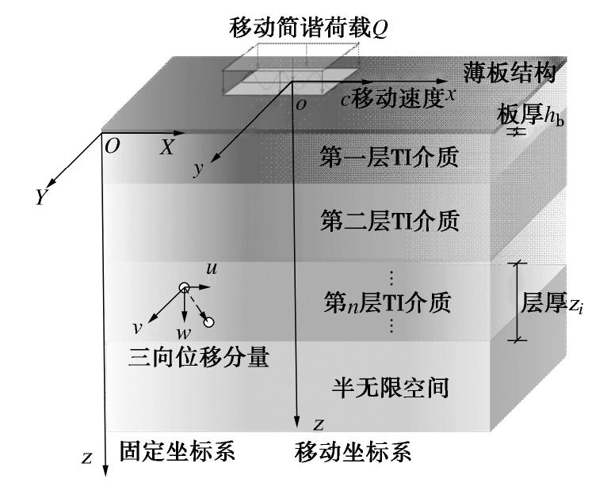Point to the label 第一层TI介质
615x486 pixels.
[388, 158]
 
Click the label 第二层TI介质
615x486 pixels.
[388, 219]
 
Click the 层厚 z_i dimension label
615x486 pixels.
[554, 302]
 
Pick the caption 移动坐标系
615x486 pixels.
[353, 453]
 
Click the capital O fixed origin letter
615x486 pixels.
[112, 147]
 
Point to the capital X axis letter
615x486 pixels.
[167, 147]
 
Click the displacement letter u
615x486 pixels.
[212, 270]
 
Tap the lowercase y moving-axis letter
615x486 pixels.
[199, 169]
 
